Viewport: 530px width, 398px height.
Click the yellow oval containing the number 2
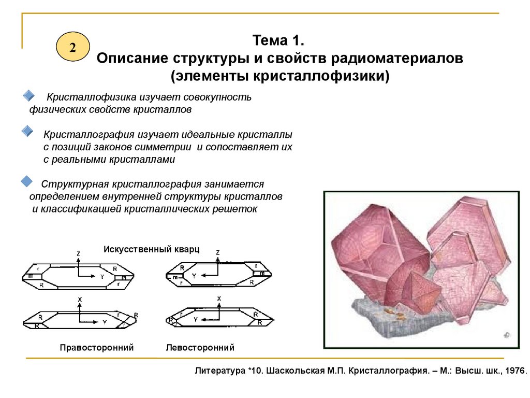[x=72, y=47]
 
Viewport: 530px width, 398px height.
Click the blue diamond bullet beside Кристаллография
[x=27, y=130]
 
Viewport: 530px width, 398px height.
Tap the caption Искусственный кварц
[x=152, y=249]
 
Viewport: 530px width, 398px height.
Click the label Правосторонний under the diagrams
[x=97, y=348]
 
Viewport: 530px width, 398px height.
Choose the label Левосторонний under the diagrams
[x=200, y=348]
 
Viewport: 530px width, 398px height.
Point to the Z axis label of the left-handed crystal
[x=218, y=252]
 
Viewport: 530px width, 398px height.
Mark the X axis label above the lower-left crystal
[x=80, y=300]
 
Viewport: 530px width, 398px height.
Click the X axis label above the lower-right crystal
[x=219, y=298]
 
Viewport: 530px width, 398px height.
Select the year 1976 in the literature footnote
[x=513, y=371]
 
